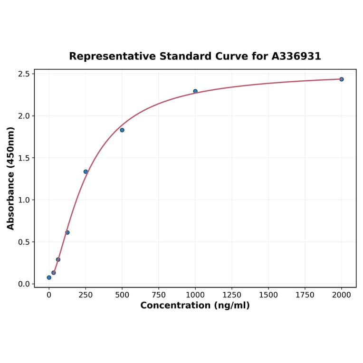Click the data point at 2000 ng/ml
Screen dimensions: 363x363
click(x=342, y=79)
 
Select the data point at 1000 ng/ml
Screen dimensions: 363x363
click(x=195, y=91)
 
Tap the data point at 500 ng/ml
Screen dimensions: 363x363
click(x=122, y=130)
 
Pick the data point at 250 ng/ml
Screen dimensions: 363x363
click(x=86, y=172)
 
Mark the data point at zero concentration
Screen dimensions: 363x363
click(x=49, y=277)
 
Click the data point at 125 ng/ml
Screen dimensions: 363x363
click(x=67, y=232)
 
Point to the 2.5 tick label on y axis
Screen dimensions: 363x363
click(x=24, y=74)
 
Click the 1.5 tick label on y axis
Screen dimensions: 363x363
click(x=24, y=158)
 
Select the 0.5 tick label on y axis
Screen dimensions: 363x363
click(x=24, y=242)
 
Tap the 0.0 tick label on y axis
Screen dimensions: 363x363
click(x=24, y=284)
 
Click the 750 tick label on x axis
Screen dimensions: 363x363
click(x=159, y=295)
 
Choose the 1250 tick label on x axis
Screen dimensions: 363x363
click(x=232, y=295)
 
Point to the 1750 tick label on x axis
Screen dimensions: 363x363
click(x=305, y=295)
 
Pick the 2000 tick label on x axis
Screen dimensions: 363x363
click(x=342, y=295)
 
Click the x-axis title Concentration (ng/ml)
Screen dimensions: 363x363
click(x=195, y=306)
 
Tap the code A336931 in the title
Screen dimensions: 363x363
click(x=296, y=57)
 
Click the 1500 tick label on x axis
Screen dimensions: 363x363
click(x=268, y=295)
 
